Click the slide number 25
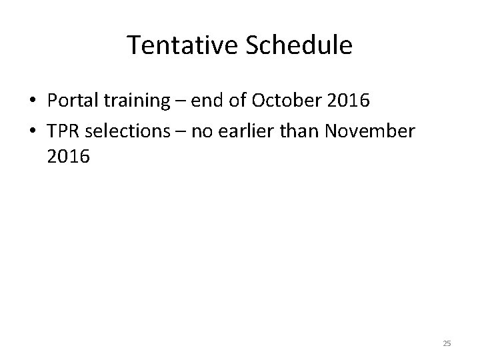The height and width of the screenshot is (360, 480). tap(447, 343)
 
